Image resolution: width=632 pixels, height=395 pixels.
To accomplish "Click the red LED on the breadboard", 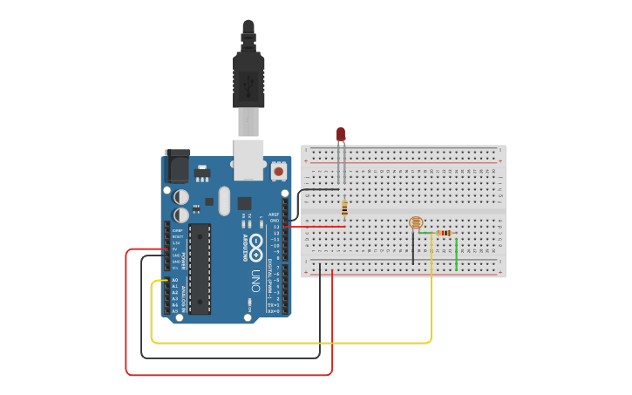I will tap(341, 134).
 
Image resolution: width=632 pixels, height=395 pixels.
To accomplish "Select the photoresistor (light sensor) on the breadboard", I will tap(415, 223).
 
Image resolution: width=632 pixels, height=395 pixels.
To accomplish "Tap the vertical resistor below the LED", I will tap(345, 208).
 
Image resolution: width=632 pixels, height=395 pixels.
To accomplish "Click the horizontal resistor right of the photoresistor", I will tap(445, 233).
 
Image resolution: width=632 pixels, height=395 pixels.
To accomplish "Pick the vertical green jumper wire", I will tap(456, 253).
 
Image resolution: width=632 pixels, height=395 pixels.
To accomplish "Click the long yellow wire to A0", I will tap(288, 343).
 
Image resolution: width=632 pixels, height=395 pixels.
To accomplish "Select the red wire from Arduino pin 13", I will tap(314, 228).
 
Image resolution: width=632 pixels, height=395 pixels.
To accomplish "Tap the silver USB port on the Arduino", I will tap(248, 159).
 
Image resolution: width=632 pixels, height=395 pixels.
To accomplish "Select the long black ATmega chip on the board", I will tap(200, 268).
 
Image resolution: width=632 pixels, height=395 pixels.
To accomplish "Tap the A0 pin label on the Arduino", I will tap(174, 280).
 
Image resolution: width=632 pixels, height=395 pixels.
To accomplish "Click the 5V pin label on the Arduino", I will tap(175, 249).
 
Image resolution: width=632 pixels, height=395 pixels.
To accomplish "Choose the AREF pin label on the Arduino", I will tap(273, 214).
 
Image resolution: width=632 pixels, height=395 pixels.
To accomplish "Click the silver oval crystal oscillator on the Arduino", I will tap(224, 201).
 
